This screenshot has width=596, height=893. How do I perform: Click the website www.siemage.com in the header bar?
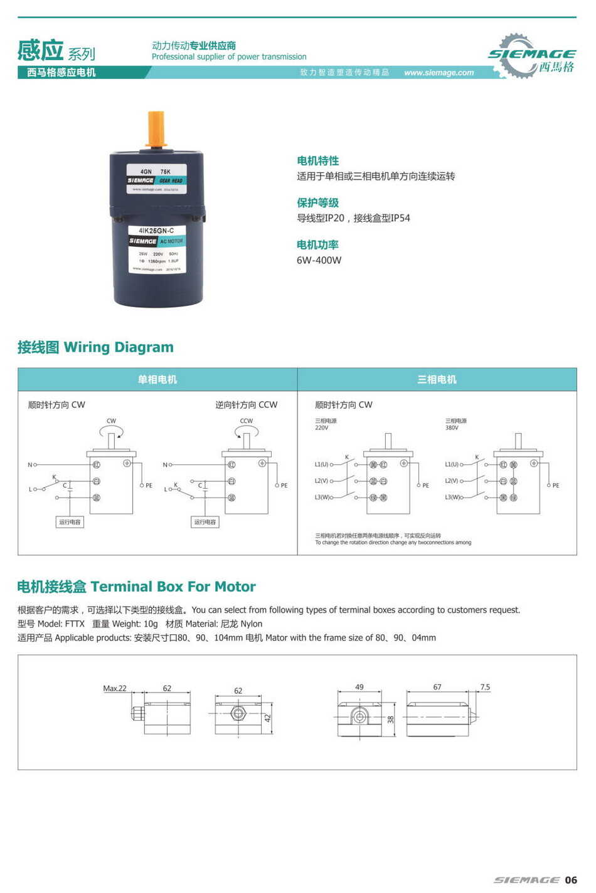tap(439, 73)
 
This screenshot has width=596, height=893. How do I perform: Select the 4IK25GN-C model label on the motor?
tap(156, 231)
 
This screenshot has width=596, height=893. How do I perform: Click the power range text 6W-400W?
tap(319, 260)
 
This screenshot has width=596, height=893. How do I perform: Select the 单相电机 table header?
tap(157, 380)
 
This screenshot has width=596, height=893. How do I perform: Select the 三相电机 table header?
tap(437, 380)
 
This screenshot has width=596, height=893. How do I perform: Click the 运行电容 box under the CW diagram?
tap(70, 522)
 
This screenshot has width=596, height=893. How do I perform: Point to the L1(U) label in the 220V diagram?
tap(321, 464)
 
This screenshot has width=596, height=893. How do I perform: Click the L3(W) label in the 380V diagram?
tap(452, 497)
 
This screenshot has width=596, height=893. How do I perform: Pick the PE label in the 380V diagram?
tap(555, 486)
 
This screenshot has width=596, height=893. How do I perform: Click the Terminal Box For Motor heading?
tap(136, 587)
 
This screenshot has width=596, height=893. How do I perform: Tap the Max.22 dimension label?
tap(114, 688)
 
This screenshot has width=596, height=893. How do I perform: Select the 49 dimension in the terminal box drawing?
tap(359, 687)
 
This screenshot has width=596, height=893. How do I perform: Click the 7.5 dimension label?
tap(485, 687)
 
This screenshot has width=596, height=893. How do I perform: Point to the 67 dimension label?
tap(437, 687)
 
